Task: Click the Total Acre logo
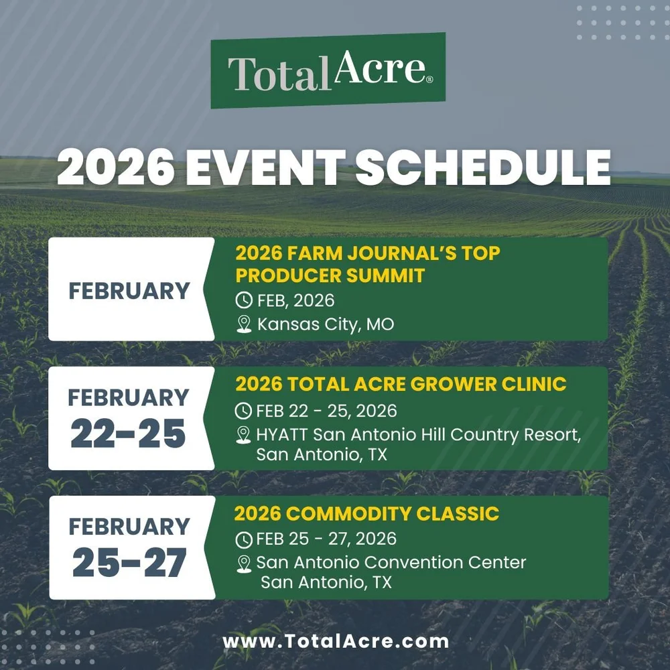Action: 328,70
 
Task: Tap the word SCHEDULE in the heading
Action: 483,170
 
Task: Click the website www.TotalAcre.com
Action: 335,641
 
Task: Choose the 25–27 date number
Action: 128,564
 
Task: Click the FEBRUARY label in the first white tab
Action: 129,291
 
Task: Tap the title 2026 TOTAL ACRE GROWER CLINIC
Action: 401,384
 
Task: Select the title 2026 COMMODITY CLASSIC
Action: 366,514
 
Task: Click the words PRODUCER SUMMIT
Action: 330,275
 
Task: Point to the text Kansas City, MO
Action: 326,325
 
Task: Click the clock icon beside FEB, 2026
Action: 245,300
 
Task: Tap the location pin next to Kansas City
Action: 245,325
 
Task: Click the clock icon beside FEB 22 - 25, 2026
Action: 244,411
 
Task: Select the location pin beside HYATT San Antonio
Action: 244,435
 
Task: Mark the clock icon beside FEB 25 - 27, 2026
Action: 244,539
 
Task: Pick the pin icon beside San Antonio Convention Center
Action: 244,563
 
